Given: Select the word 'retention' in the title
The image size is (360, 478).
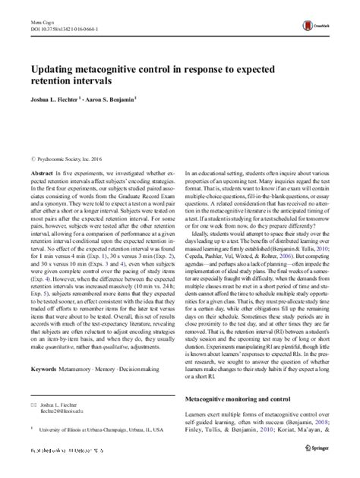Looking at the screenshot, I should [55, 81].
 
